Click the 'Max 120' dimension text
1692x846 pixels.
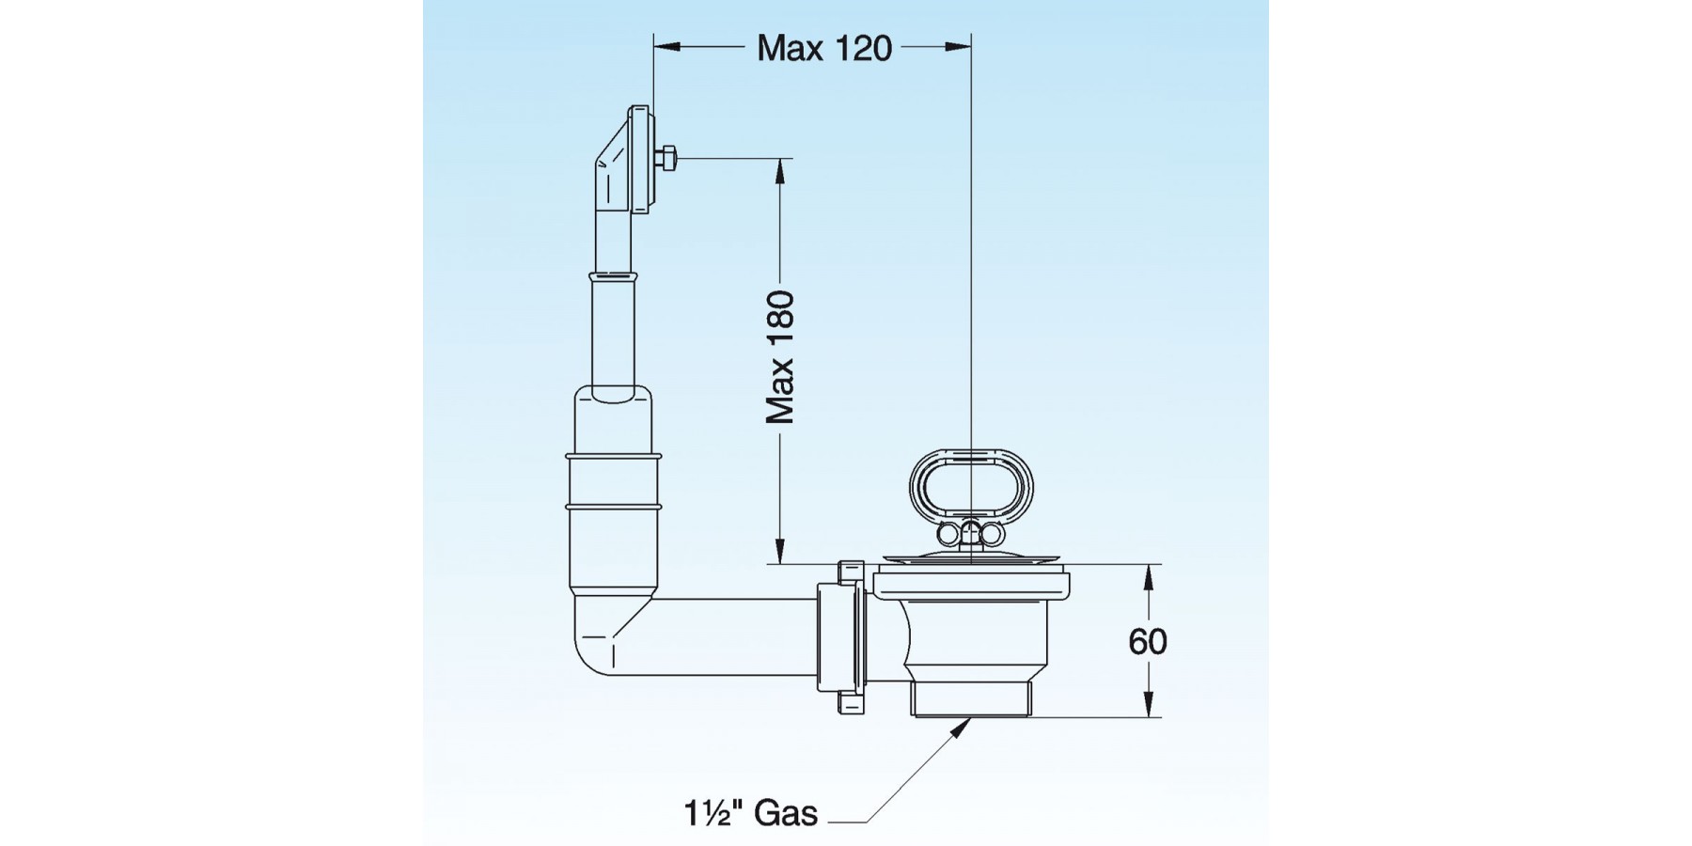824,48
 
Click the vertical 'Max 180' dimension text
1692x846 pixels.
780,357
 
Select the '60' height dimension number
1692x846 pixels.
1147,642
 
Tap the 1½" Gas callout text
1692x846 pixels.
751,812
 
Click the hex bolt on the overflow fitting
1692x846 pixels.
666,158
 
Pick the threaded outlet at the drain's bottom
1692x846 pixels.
971,699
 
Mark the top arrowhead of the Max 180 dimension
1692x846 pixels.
779,170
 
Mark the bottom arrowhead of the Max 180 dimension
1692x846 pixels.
779,551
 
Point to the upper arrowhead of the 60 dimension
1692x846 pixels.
1147,576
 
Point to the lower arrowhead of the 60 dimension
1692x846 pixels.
1147,705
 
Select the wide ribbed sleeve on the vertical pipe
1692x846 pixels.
613,489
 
